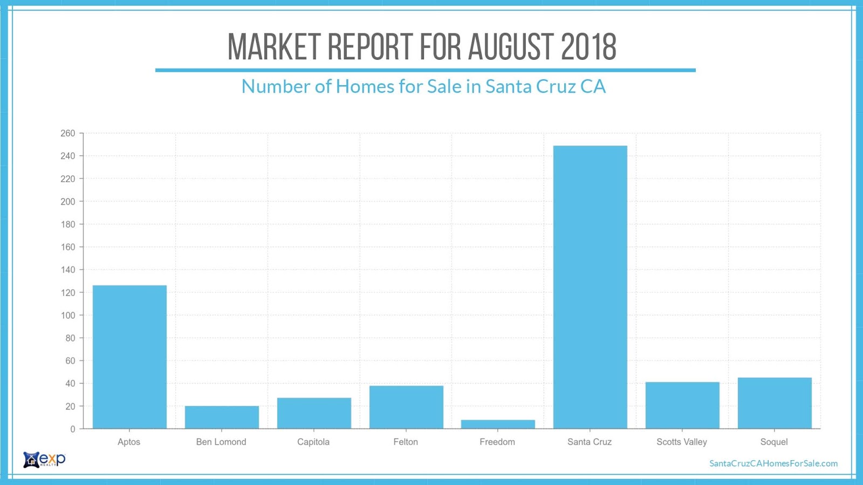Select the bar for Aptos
tap(129, 357)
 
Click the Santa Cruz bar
tap(590, 287)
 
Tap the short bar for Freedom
tap(498, 424)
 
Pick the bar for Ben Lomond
tap(222, 417)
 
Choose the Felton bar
tap(406, 407)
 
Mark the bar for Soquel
tap(775, 403)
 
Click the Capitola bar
tap(314, 413)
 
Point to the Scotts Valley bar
tap(682, 405)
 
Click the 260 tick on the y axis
tap(68, 133)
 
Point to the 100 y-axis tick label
tap(68, 315)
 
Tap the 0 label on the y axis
tap(73, 429)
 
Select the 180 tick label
tap(68, 224)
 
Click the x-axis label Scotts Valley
tap(682, 442)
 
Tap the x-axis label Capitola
tap(313, 442)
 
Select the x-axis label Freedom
tap(497, 442)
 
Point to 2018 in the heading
tap(588, 47)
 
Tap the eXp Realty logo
tap(44, 460)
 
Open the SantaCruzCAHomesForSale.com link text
tap(773, 463)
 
